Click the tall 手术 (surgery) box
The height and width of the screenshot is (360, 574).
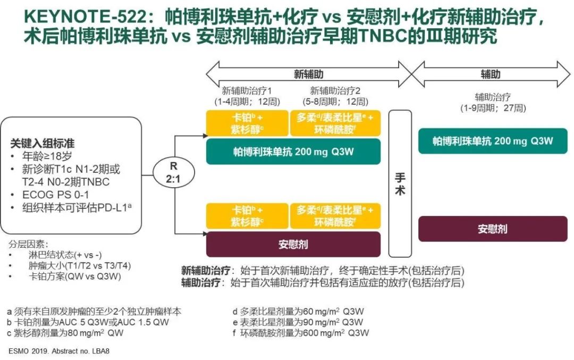[400, 183]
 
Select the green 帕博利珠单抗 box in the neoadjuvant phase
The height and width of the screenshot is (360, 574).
[293, 152]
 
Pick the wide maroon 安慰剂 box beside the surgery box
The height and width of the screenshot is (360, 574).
[293, 245]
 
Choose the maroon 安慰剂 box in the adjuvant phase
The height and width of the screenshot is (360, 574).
[493, 229]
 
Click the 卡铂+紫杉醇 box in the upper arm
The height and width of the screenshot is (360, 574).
[246, 123]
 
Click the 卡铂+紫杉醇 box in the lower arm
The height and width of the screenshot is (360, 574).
[246, 216]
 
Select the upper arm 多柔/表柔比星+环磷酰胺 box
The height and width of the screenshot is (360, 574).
[335, 123]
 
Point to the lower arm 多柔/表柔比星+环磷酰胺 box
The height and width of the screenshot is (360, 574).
[335, 216]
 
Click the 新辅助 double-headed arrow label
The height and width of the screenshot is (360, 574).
[309, 74]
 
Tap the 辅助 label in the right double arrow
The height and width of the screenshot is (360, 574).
[490, 74]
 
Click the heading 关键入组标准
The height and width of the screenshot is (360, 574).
[43, 144]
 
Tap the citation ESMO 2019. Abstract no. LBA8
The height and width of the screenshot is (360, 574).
[59, 351]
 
